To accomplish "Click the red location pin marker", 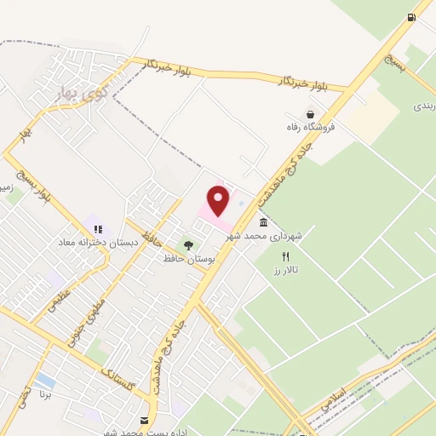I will [219, 200].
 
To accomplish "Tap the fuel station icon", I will [412, 17].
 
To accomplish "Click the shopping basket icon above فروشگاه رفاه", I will [311, 114].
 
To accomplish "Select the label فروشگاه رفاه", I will [311, 127].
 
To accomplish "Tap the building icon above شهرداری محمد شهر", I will [261, 223].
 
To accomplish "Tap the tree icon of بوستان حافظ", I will [188, 245].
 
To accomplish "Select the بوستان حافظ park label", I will [190, 257].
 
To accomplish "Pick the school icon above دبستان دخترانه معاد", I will [98, 229].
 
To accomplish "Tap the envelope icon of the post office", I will [143, 421].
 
